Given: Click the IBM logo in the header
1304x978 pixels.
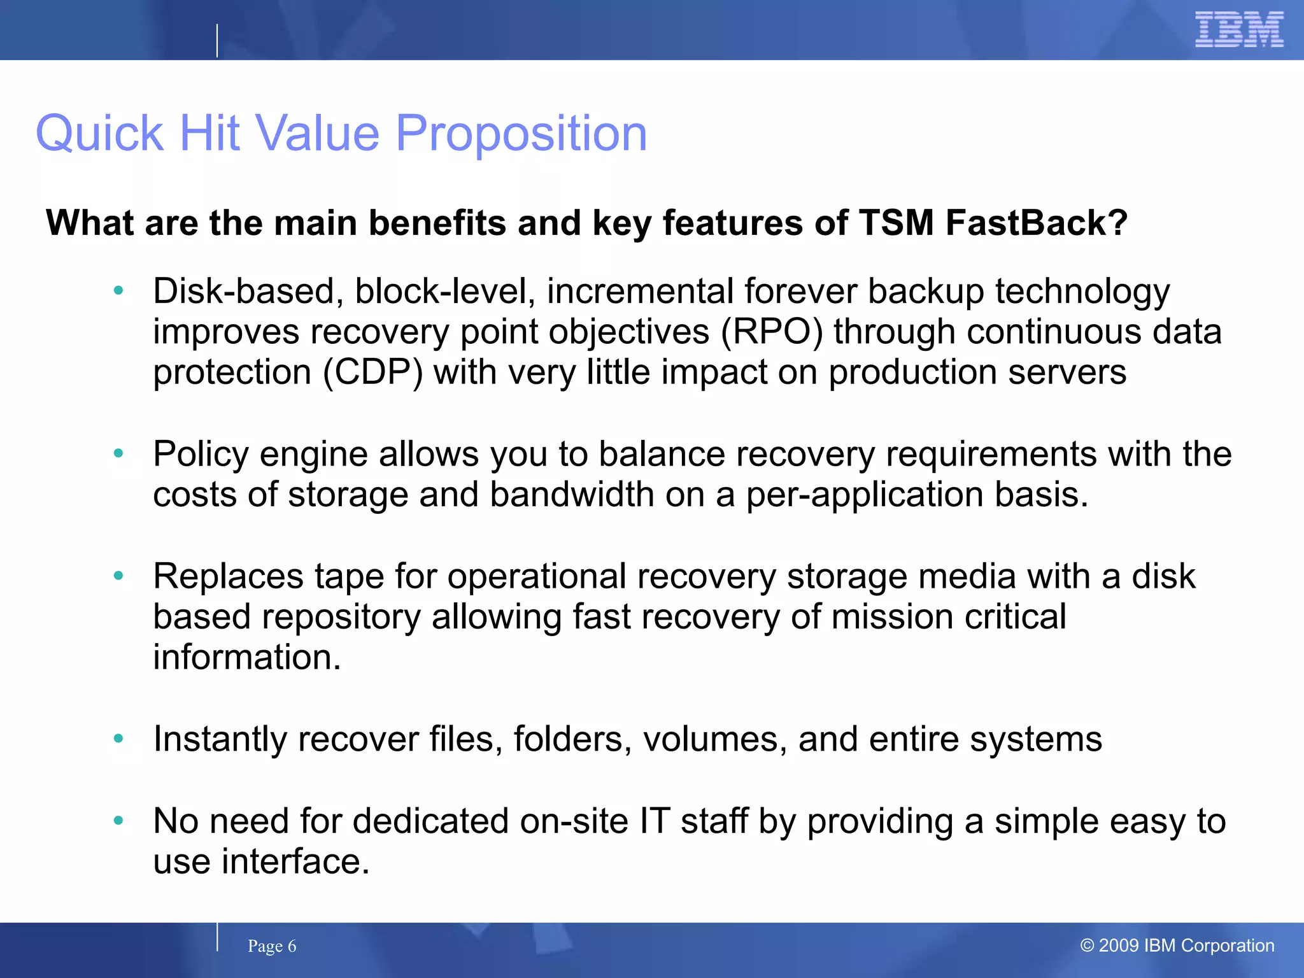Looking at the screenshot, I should click(x=1238, y=29).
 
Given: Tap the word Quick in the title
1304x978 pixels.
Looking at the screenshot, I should click(x=100, y=134).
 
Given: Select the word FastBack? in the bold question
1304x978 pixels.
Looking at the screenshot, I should click(x=1036, y=223).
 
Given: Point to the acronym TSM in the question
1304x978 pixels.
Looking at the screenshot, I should click(x=896, y=223).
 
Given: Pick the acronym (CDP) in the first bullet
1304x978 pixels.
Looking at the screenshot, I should click(x=373, y=372).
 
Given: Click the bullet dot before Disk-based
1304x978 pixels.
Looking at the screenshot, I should click(x=118, y=291).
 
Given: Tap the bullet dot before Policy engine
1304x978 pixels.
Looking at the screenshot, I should click(x=118, y=454).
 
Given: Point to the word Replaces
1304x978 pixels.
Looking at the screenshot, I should click(x=228, y=577).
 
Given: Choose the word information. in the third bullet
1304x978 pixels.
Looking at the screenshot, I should click(x=247, y=657).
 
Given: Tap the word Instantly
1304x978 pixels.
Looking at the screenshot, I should click(x=220, y=740).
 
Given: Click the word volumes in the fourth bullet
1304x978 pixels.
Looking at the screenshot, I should click(x=714, y=739).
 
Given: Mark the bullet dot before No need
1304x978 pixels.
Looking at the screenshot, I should click(x=118, y=821).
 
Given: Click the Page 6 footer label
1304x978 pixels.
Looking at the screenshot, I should click(x=272, y=946).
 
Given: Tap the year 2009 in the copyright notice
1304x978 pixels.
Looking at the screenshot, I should click(x=1119, y=946).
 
